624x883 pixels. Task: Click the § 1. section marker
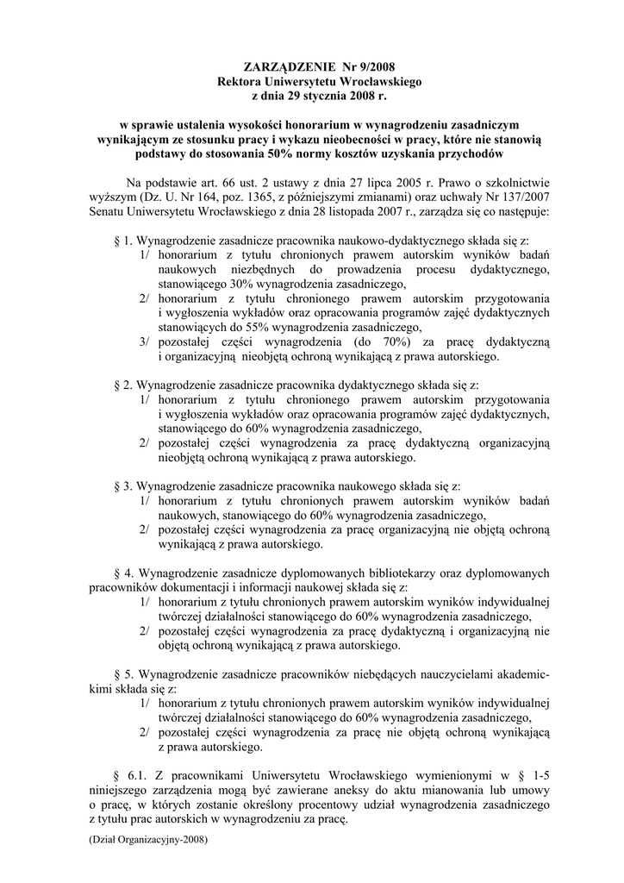pyautogui.click(x=122, y=241)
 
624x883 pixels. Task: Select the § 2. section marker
pyautogui.click(x=122, y=385)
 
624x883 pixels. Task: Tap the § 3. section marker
pyautogui.click(x=122, y=487)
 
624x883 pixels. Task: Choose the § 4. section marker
pyautogui.click(x=122, y=573)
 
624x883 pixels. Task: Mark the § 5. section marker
pyautogui.click(x=122, y=674)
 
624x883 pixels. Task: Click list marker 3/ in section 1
pyautogui.click(x=146, y=342)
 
